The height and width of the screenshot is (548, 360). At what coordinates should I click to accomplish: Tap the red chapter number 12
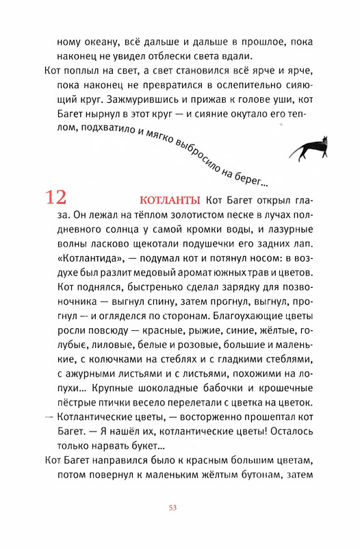point(56,198)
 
